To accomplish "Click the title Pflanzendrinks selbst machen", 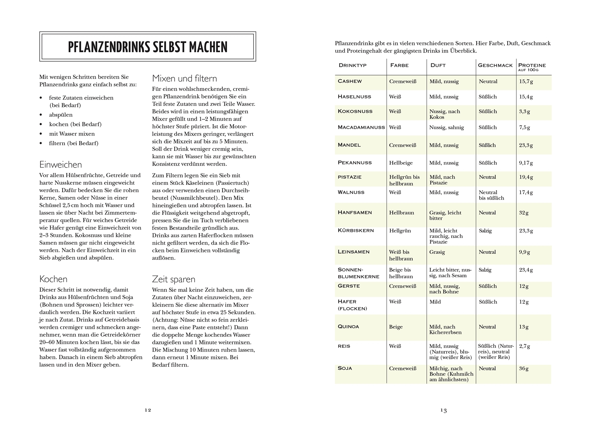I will [x=148, y=47].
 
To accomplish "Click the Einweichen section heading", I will [x=61, y=165].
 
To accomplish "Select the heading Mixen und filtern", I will [x=184, y=79].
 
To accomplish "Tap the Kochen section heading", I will [x=53, y=279].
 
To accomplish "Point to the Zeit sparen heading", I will [x=173, y=279].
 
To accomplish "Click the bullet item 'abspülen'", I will [x=61, y=115].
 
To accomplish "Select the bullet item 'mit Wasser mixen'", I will [x=72, y=134].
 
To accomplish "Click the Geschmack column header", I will [x=495, y=65].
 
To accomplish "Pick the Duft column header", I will [x=438, y=65].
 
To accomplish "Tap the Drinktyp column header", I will [x=352, y=65].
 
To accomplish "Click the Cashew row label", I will [x=350, y=81].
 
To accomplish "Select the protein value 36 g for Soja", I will [x=524, y=368].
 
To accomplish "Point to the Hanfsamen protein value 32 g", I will [x=524, y=213].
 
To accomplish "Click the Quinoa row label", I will [x=348, y=327].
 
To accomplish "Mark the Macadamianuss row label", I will [x=361, y=127].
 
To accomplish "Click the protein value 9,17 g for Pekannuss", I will [x=526, y=163].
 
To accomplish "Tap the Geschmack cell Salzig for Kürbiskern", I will [x=485, y=231].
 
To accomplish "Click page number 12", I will [x=148, y=410].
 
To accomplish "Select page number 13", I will [x=443, y=410].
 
